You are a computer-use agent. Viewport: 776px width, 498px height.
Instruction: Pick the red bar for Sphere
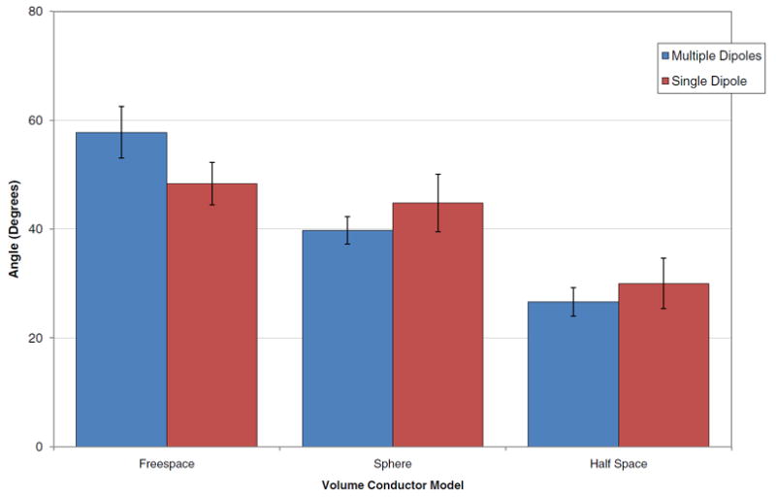437,324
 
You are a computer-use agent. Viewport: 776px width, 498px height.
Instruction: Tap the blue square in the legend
664,57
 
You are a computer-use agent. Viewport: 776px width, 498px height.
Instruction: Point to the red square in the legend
664,82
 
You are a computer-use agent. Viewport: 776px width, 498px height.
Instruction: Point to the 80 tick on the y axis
35,12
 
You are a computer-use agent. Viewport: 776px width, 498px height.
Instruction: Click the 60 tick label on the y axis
35,120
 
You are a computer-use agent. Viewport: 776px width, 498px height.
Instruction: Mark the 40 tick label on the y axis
35,229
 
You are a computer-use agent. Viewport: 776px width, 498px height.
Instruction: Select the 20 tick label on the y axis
35,338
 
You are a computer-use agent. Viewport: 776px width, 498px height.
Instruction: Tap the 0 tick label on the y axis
39,447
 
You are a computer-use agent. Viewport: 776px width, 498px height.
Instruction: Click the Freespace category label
167,464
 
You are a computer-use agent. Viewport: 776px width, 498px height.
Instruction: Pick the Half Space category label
618,464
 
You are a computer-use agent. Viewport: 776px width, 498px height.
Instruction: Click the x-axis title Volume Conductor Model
392,484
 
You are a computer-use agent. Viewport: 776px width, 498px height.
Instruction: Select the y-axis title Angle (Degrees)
14,229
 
